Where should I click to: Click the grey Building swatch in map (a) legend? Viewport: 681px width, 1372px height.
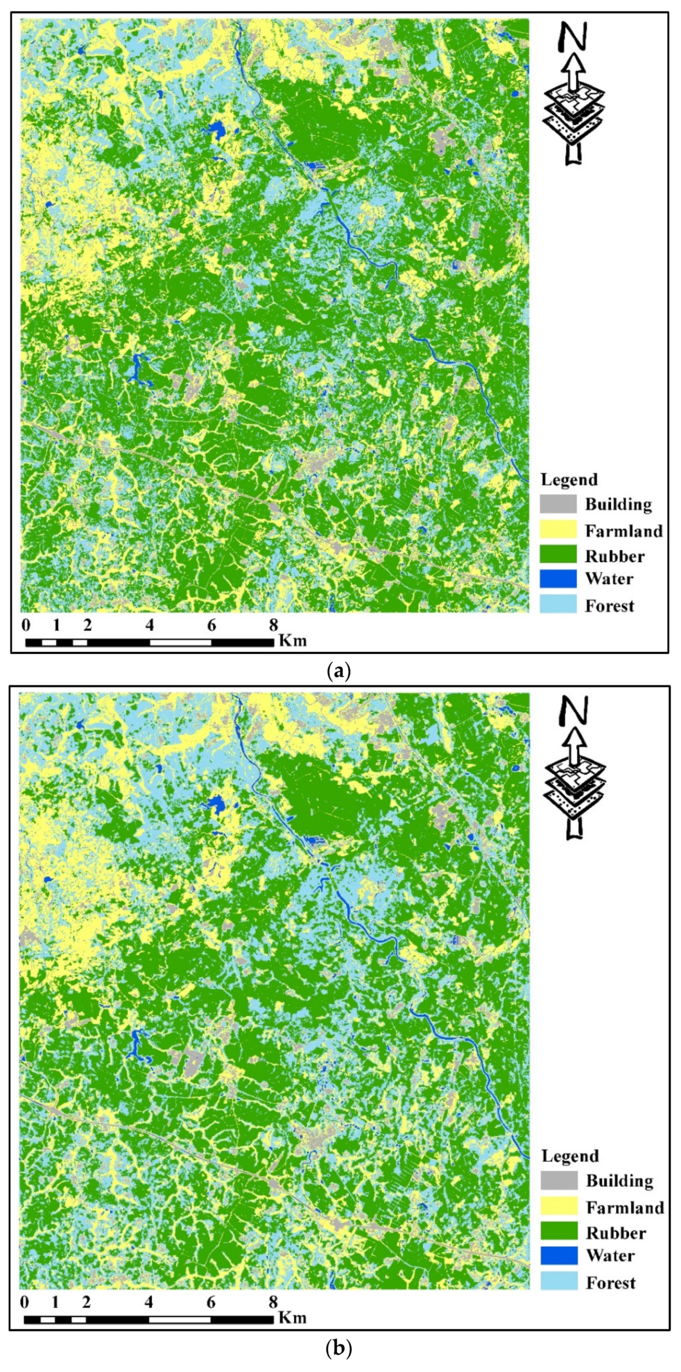(558, 504)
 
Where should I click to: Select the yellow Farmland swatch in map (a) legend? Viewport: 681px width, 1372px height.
(558, 529)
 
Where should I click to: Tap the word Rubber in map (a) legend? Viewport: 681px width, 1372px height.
(615, 556)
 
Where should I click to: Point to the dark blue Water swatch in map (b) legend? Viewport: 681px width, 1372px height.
(559, 1255)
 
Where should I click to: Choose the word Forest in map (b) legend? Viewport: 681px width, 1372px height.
(611, 1283)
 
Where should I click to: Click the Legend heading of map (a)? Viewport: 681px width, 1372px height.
(569, 479)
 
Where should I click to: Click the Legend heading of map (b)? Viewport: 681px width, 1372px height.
(570, 1156)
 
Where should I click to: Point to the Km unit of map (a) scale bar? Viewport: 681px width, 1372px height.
(293, 640)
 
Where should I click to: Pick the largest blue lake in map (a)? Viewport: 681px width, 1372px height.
(216, 129)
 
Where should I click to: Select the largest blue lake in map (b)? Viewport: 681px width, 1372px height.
(216, 804)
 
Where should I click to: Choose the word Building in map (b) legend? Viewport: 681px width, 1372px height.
(619, 1181)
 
